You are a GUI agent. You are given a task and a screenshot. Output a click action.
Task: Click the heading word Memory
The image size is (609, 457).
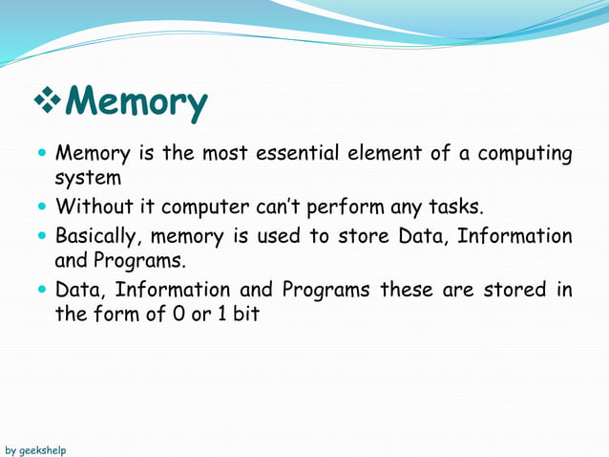(139, 103)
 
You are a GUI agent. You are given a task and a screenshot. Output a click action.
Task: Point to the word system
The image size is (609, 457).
(88, 179)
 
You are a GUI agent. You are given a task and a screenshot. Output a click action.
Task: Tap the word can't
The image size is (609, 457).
(275, 207)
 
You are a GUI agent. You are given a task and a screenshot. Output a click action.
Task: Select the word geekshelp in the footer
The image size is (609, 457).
(43, 449)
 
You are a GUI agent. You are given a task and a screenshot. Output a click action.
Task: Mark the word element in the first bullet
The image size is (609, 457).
(368, 154)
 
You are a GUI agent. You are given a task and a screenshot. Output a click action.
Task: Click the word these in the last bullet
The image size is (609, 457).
(407, 289)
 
